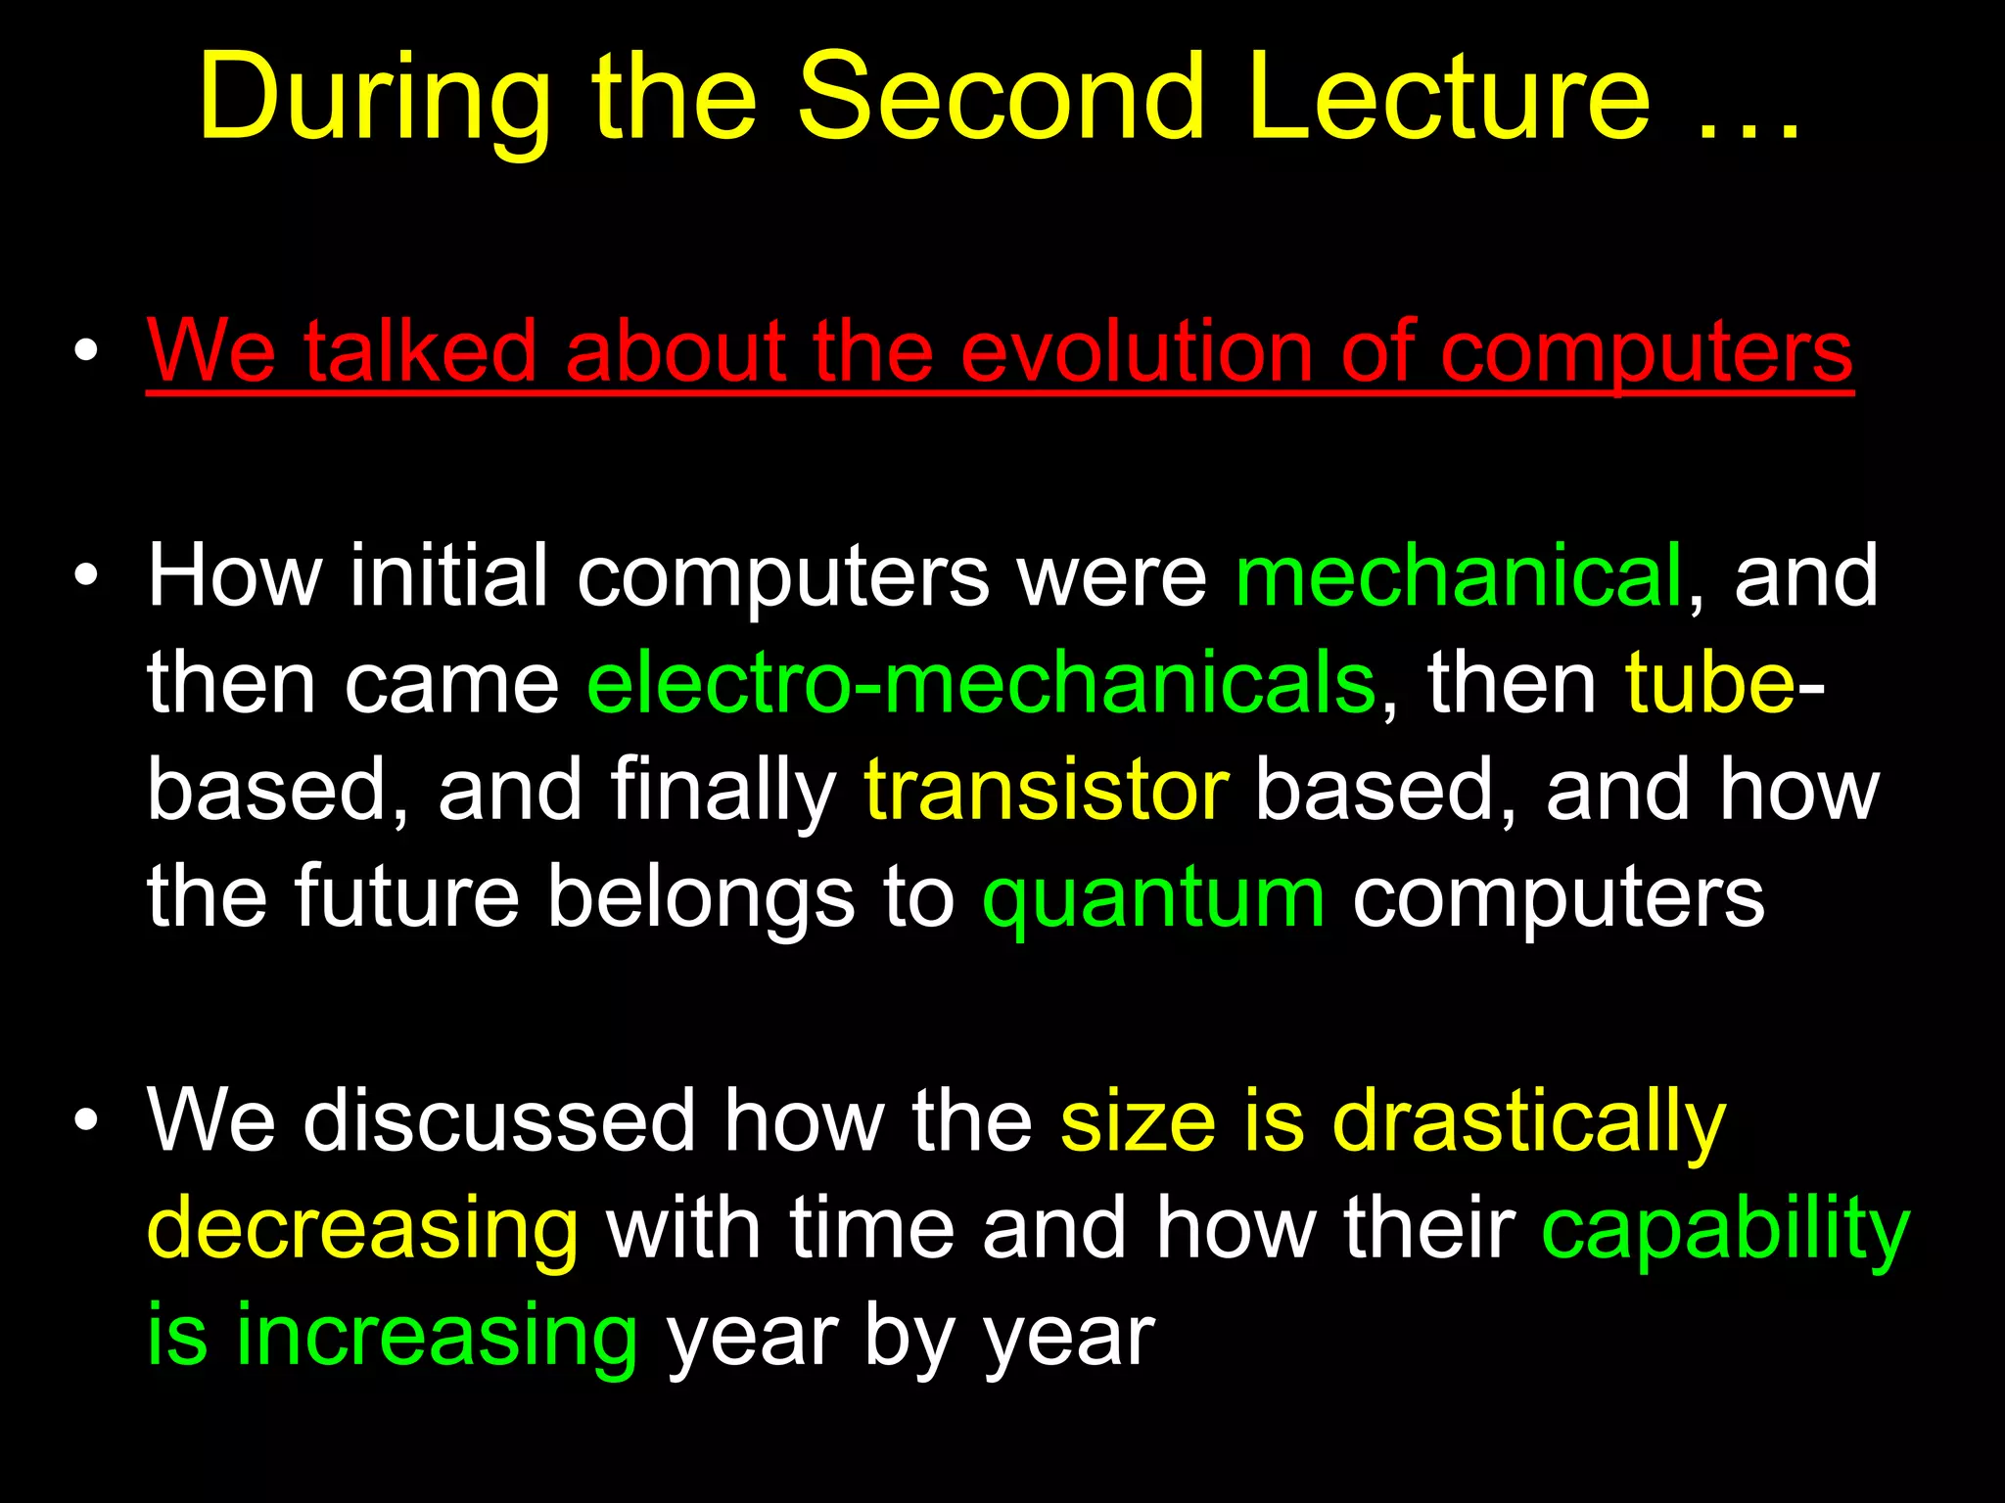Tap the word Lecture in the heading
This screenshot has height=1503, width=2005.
[1450, 98]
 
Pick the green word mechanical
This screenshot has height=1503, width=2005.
[1459, 576]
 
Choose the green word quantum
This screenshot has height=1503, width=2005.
[1153, 898]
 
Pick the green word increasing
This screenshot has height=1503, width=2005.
[437, 1336]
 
